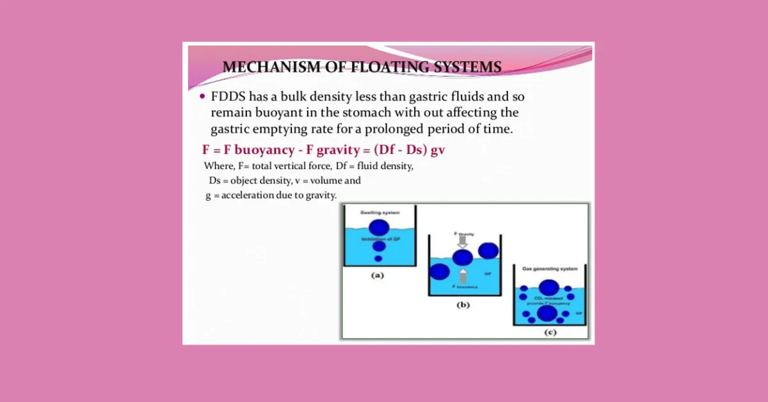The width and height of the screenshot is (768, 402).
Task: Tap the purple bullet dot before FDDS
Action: (203, 97)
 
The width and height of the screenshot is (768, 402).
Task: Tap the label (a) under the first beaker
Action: (378, 276)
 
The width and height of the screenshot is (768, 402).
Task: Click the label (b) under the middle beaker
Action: (462, 305)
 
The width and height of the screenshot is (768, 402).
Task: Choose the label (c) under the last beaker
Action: (548, 332)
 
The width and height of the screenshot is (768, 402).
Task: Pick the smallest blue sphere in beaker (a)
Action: (378, 259)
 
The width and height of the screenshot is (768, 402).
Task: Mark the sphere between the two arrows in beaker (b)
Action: (463, 257)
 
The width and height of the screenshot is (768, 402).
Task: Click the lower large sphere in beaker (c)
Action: (547, 313)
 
